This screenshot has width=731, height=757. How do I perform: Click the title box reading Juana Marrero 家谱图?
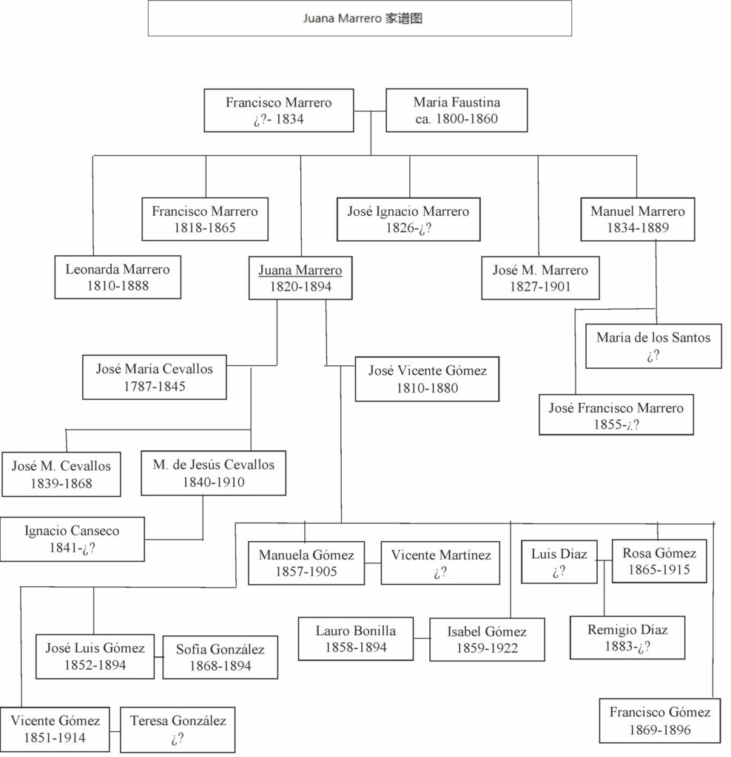(360, 18)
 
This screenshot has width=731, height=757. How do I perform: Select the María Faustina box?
(457, 110)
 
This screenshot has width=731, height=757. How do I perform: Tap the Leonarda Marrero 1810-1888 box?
(118, 277)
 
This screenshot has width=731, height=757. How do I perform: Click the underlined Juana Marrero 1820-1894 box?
(300, 278)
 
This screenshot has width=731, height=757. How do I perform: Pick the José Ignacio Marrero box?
(408, 219)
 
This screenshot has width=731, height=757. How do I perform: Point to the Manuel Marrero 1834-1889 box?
(637, 219)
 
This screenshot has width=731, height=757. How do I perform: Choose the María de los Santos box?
(653, 346)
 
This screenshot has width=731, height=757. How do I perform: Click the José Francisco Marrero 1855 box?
(616, 415)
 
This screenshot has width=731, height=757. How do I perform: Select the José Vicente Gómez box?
(427, 379)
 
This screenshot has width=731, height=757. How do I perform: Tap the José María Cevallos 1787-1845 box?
(154, 377)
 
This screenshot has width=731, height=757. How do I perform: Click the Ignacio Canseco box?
(72, 539)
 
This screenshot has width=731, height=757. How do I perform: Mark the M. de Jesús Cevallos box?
(213, 473)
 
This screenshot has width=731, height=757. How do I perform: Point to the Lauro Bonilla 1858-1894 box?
(355, 639)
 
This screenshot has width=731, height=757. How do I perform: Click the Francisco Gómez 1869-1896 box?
(659, 721)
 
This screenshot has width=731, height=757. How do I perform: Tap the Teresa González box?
(178, 728)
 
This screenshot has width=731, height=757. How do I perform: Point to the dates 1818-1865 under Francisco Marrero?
(205, 228)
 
